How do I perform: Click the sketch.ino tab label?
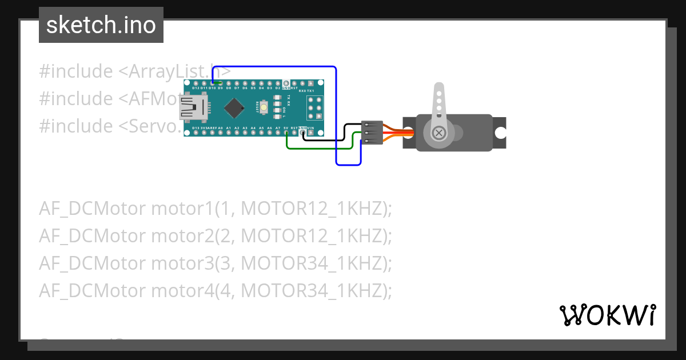tap(101, 25)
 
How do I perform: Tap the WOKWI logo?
tap(607, 315)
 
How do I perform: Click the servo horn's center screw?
tap(439, 133)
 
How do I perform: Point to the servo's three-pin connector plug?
tap(372, 132)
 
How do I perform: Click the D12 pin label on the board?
tap(196, 89)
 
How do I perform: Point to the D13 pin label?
tap(196, 128)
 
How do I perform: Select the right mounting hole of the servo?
tap(500, 133)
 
